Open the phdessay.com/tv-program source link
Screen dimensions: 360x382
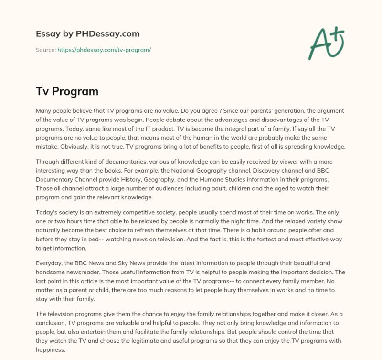pos(104,50)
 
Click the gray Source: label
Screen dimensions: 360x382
pos(46,50)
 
